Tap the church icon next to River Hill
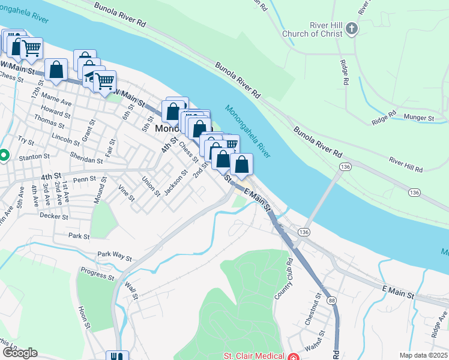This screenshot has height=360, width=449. pos(352,28)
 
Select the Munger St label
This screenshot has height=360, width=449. pos(418,118)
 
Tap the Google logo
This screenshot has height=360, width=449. pos(20,352)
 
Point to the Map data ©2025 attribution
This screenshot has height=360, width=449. pos(423,355)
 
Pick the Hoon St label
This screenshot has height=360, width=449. pos(84,319)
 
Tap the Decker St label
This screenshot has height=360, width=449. pos(52,214)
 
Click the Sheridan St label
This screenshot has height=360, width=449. pos(86,160)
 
